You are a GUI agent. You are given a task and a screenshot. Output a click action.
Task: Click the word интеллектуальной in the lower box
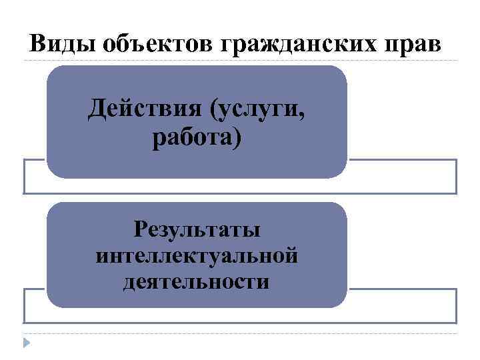[197, 255]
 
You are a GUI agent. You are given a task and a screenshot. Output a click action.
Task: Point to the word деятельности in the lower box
[197, 281]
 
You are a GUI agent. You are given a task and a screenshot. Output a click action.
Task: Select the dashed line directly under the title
[240, 61]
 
